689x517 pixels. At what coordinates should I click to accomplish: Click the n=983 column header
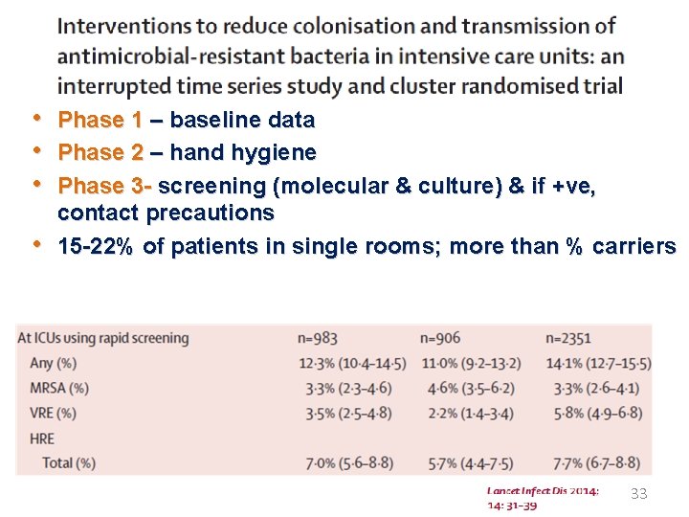318,338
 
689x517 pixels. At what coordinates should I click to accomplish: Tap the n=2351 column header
568,338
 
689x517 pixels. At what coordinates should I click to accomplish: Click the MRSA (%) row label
59,389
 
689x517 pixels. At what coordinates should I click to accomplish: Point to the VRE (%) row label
55,414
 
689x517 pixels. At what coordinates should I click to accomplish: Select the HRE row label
42,438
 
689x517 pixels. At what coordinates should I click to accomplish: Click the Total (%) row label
69,463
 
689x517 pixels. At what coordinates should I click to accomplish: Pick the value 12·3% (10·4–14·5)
352,364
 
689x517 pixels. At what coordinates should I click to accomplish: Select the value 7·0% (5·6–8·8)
349,463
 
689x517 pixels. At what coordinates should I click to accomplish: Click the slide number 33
638,494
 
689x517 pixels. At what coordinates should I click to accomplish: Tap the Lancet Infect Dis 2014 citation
543,491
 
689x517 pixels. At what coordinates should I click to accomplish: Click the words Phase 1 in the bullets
100,121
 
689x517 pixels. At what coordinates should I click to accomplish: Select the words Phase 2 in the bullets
100,153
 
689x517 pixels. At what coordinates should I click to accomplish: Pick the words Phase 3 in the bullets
100,186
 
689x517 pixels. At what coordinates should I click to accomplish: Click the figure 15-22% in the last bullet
96,247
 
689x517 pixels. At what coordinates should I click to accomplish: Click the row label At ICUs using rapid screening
103,338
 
